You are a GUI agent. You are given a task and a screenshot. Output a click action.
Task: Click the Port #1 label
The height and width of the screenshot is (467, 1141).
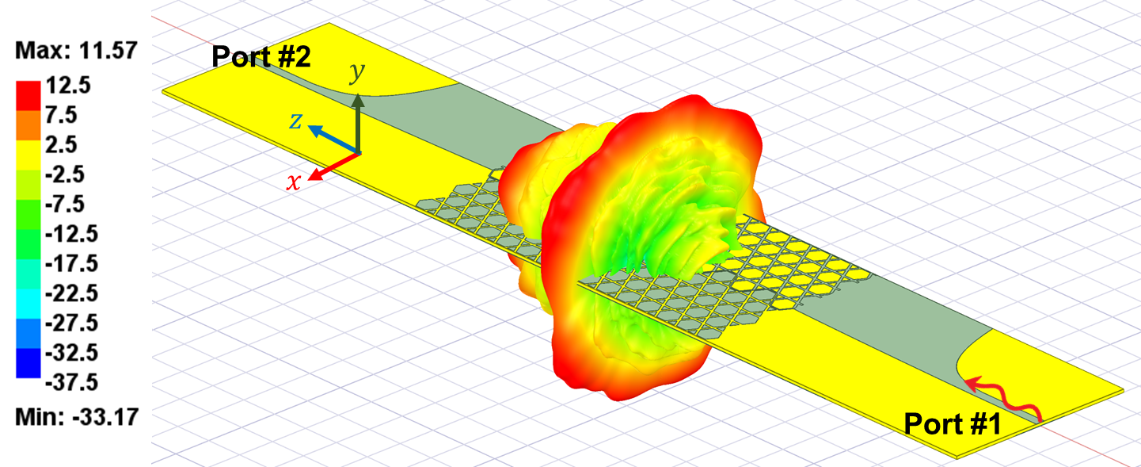(952, 423)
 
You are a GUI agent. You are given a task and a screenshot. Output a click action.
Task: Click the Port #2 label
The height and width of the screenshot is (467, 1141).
(261, 56)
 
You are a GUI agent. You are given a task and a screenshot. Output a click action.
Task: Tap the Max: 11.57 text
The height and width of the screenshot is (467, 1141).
(76, 51)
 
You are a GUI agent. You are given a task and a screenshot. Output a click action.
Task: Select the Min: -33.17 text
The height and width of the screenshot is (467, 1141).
(77, 417)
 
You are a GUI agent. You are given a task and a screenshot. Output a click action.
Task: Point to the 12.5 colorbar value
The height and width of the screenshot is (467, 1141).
(68, 85)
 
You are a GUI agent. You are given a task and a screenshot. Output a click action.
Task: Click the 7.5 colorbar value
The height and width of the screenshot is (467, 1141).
(61, 115)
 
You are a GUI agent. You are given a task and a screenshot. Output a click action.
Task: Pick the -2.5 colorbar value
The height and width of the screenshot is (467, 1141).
(65, 174)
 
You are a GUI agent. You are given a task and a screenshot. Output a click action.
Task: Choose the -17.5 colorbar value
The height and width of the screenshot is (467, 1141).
(71, 263)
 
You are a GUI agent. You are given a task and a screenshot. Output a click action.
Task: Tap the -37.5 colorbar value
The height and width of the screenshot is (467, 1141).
(71, 382)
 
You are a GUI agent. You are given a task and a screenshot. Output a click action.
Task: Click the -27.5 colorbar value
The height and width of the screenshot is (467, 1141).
(71, 323)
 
